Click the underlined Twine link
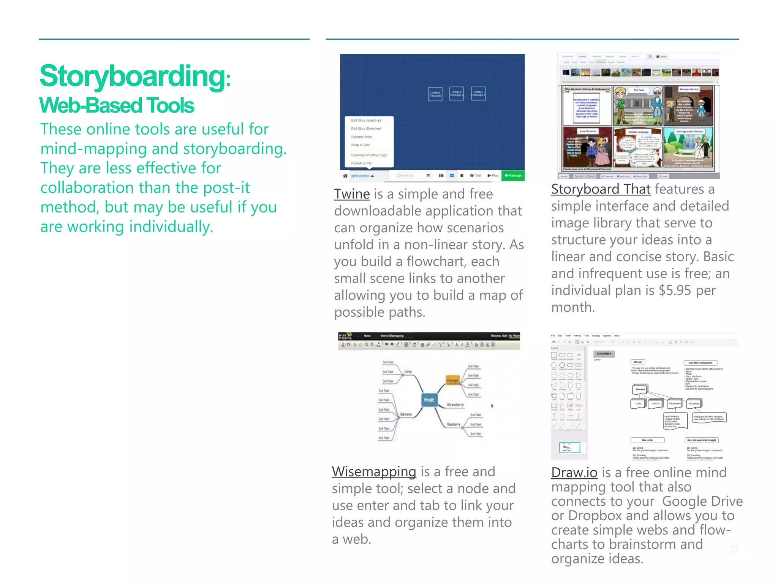352,194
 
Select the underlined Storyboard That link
601,189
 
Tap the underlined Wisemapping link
374,472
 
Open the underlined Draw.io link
574,473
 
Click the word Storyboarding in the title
133,76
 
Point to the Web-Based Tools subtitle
117,105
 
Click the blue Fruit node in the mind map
429,400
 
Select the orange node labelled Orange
452,380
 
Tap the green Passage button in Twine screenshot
513,176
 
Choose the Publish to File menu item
361,163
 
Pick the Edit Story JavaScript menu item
366,121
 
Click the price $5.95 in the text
675,290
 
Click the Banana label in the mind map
406,414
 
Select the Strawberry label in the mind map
455,405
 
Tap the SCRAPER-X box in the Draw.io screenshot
604,354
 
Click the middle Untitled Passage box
456,94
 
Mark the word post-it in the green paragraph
232,188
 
